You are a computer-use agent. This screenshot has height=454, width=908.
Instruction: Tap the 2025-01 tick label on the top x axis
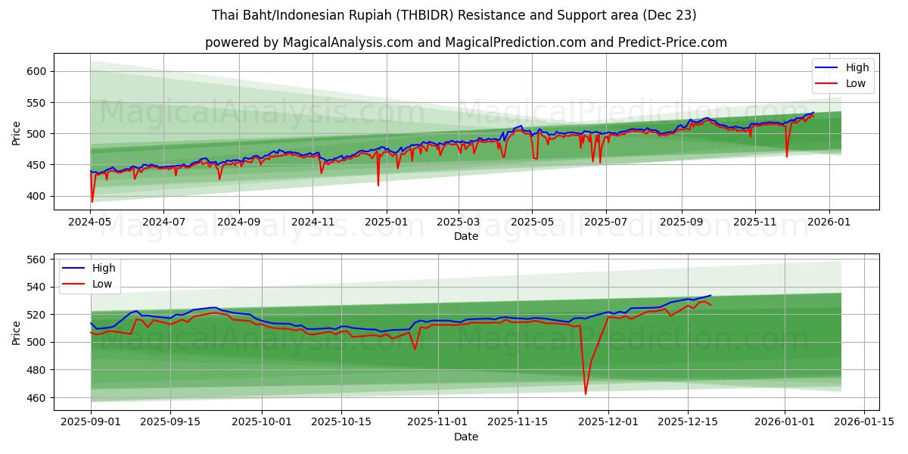(x=387, y=222)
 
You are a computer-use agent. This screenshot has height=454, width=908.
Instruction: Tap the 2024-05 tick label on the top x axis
(x=91, y=222)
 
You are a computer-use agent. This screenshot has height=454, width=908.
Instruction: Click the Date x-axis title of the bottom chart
(x=465, y=437)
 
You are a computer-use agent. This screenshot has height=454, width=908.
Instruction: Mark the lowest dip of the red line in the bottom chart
(x=585, y=393)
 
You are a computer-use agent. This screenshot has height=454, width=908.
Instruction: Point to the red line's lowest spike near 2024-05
(x=92, y=201)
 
